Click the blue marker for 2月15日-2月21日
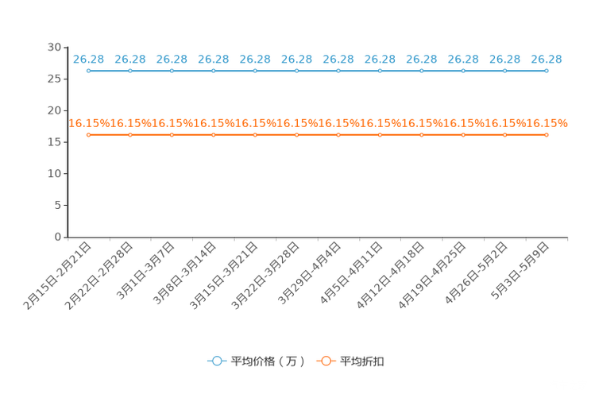(x=89, y=71)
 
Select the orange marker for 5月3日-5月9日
(x=547, y=135)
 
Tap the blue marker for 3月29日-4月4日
(x=338, y=71)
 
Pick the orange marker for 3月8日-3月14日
(x=214, y=135)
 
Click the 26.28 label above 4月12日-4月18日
(x=421, y=60)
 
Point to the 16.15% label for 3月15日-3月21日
(x=255, y=123)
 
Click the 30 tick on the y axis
(x=54, y=47)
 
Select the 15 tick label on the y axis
(x=54, y=142)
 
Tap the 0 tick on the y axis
(x=58, y=237)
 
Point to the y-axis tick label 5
(x=58, y=205)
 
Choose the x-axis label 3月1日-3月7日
(x=145, y=271)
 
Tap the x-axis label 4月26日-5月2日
(x=476, y=273)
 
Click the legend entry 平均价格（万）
(x=267, y=361)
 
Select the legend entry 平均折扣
(x=362, y=361)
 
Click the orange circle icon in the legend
(x=326, y=361)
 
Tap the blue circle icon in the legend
(x=217, y=361)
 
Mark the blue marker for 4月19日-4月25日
(x=463, y=71)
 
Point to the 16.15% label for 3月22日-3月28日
(x=296, y=123)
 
